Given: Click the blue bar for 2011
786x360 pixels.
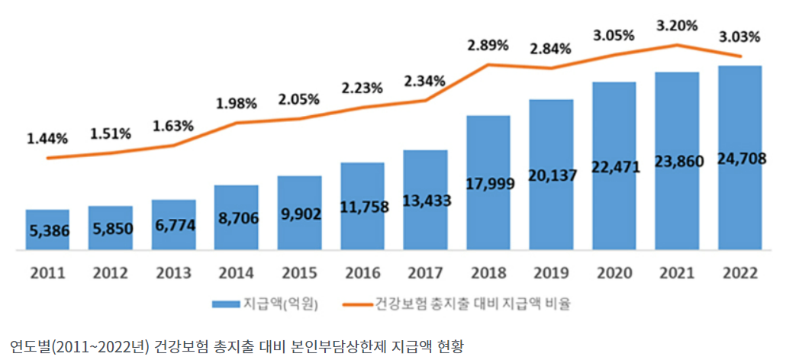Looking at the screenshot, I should (x=47, y=230).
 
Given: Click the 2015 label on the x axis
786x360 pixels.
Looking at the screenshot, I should (x=299, y=271).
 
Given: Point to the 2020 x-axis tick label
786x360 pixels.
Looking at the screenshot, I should (x=614, y=271).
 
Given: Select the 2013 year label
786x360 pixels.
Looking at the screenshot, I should (x=173, y=271).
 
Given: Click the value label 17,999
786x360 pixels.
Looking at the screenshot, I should (x=488, y=183).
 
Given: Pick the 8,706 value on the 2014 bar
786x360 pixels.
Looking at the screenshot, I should (x=236, y=218).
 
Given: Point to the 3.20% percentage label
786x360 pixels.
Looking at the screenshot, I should (x=677, y=26).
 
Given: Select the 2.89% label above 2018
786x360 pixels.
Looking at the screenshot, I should (x=488, y=45).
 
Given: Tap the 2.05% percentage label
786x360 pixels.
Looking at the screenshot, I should (x=299, y=99).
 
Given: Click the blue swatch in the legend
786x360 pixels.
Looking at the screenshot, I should (x=226, y=304).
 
